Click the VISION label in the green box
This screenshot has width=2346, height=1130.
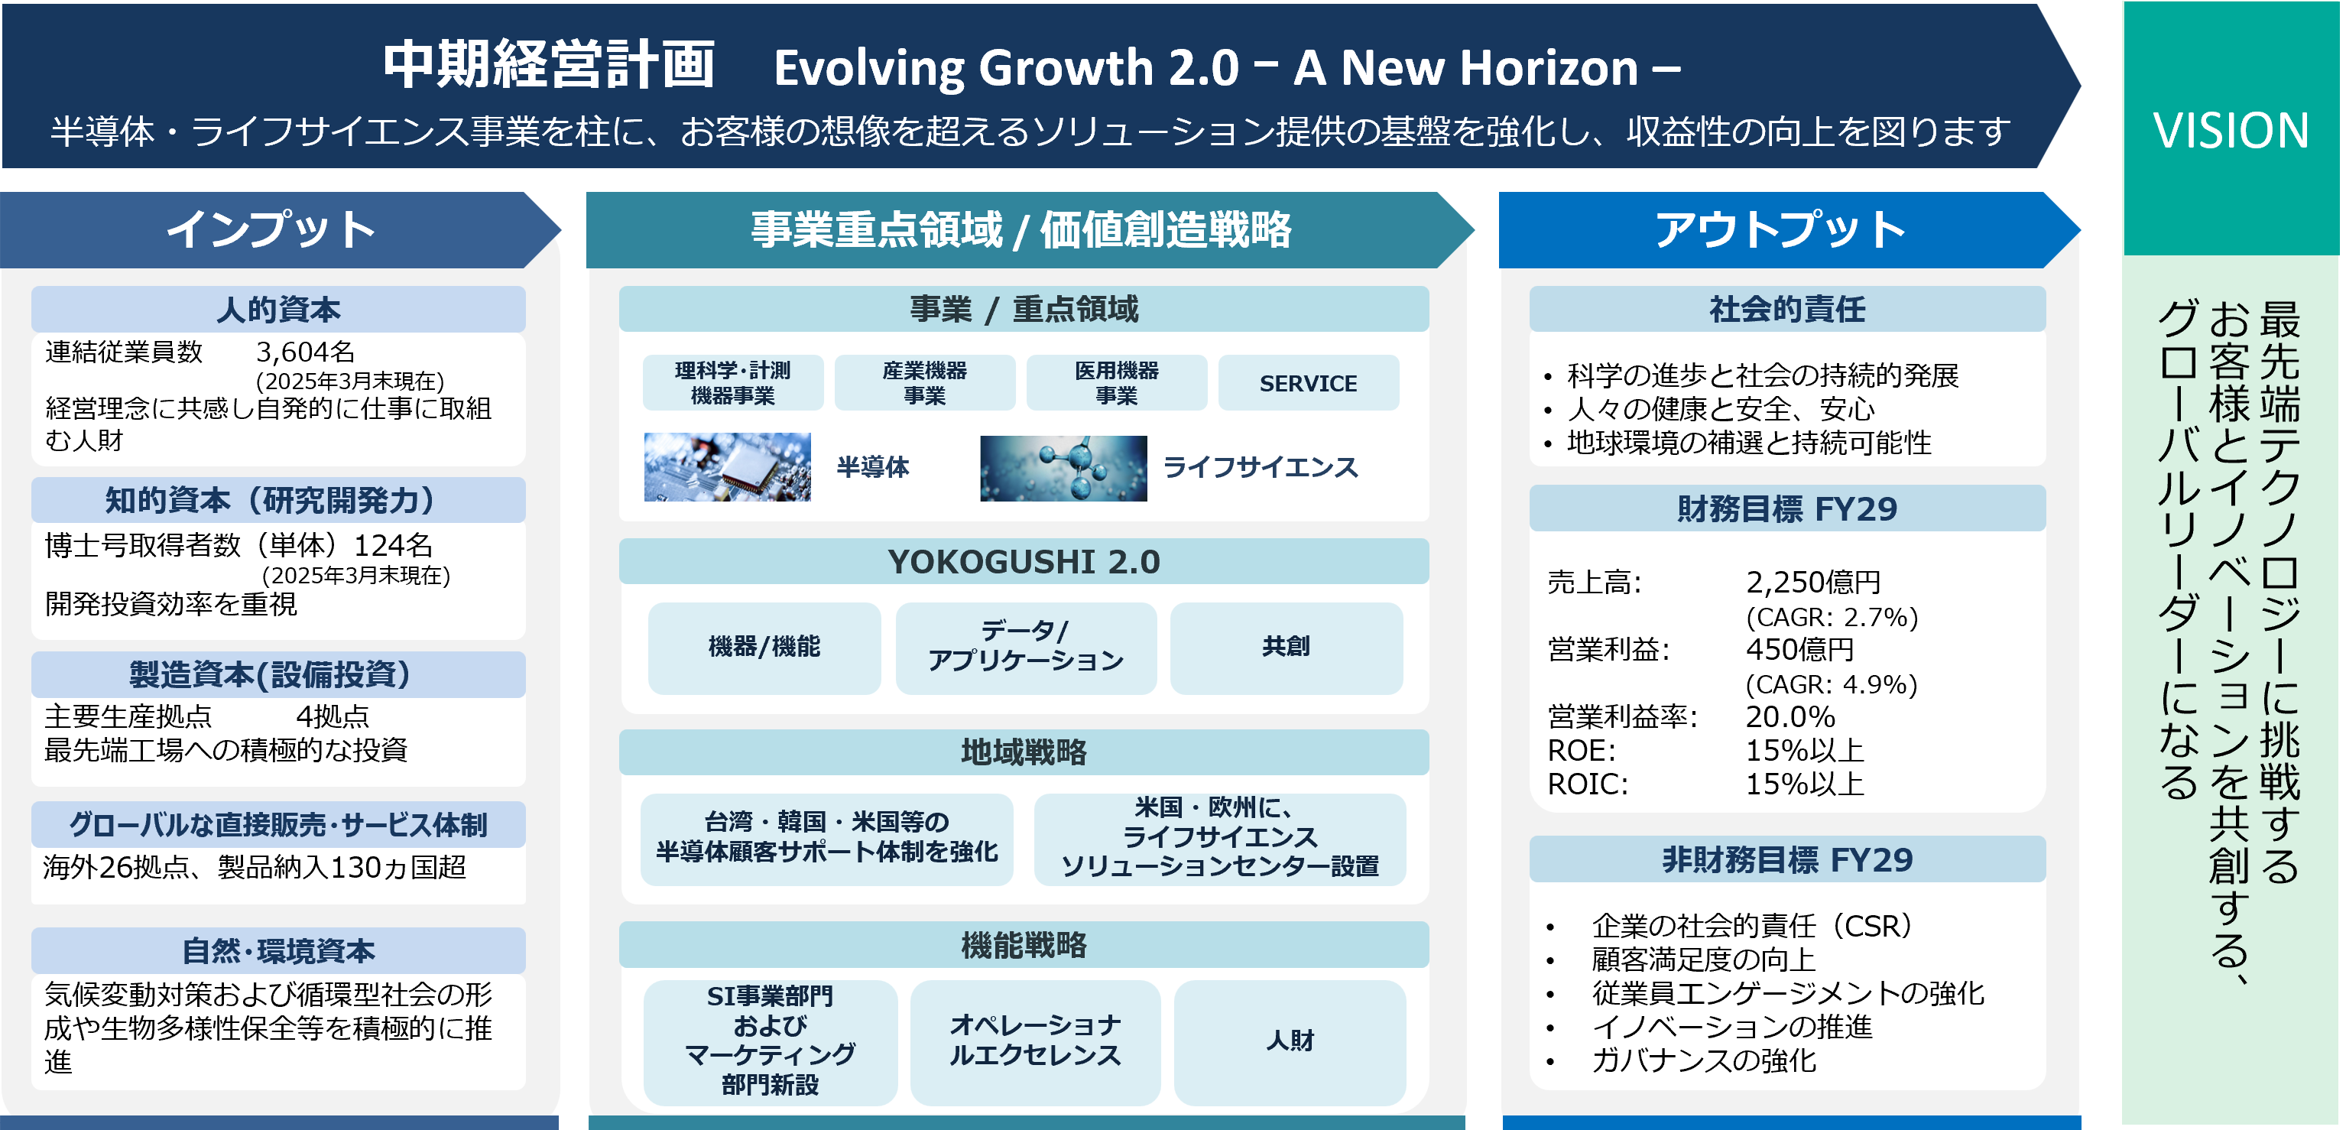coord(2231,130)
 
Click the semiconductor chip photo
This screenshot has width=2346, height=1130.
coord(727,466)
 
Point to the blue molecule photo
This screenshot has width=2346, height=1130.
coord(1063,467)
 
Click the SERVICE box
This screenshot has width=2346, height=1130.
coord(1309,383)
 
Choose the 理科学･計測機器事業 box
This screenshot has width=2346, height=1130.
coord(733,383)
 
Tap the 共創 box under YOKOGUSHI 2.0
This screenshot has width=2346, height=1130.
coord(1286,648)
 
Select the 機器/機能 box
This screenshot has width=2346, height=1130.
coord(764,648)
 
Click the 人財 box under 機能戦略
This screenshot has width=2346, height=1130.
coord(1290,1041)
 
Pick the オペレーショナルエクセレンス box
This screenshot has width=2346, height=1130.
coord(1036,1041)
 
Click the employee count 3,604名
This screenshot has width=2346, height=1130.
coord(305,352)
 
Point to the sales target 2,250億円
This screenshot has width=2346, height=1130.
coord(1813,582)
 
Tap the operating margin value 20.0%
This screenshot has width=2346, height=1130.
coord(1790,716)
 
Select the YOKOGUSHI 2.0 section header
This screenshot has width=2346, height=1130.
coord(1024,562)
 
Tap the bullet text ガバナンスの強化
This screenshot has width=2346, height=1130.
coord(1704,1060)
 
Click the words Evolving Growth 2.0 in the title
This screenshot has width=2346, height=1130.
coord(1006,67)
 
